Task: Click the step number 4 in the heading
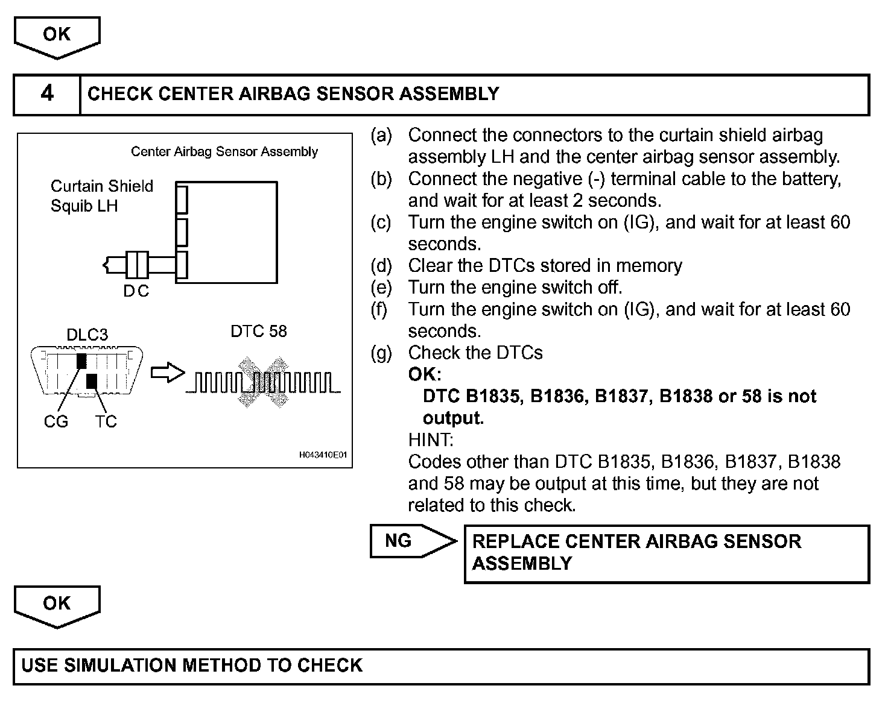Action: pos(47,93)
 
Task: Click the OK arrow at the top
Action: pos(57,37)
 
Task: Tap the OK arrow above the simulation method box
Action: pos(57,605)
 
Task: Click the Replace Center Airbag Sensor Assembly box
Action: pos(666,553)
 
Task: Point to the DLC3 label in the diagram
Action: pos(87,335)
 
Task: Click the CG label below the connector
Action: pos(55,421)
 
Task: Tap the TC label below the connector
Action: pos(106,421)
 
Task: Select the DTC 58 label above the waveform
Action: pos(259,331)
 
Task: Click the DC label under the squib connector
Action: pos(136,291)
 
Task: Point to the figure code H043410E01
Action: pos(323,455)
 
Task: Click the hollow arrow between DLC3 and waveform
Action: pos(166,373)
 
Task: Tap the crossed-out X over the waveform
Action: pos(262,382)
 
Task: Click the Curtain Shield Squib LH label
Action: pos(101,196)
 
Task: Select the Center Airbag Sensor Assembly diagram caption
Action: pos(224,151)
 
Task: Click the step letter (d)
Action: pos(381,266)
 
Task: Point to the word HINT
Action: pos(431,440)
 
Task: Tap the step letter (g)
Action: pos(381,353)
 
